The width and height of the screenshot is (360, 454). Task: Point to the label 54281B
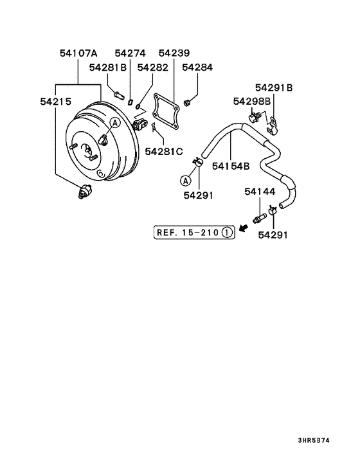[108, 68]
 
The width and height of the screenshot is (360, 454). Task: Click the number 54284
[197, 68]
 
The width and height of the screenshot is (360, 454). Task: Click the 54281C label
[164, 151]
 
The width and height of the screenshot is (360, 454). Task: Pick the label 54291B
[274, 87]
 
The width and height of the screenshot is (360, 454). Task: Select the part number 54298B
[251, 101]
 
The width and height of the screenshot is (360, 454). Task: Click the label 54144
[260, 192]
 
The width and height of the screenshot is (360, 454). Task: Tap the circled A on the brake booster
[114, 122]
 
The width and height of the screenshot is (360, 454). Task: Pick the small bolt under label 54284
[187, 101]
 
